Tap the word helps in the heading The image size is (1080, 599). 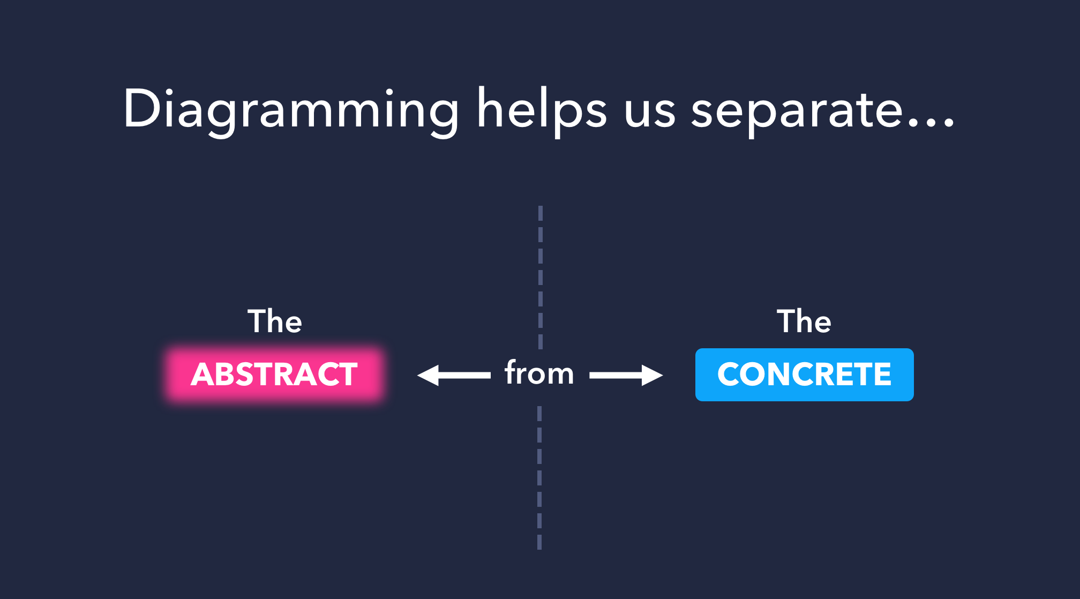pos(542,110)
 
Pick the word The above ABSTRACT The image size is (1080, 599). pos(275,321)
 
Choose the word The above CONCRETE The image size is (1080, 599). pos(804,321)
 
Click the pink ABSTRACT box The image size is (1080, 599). pos(274,374)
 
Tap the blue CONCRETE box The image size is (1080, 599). pos(804,375)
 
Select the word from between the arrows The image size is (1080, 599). pos(539,373)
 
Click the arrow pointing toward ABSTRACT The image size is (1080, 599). pos(454,376)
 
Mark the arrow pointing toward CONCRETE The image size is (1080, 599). pos(626,376)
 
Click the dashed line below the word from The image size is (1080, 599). pos(539,477)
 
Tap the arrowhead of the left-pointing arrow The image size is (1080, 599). pos(429,376)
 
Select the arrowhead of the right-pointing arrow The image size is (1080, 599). pos(652,376)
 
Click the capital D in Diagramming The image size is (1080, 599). pos(141,109)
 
